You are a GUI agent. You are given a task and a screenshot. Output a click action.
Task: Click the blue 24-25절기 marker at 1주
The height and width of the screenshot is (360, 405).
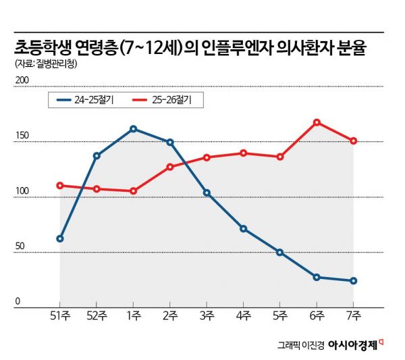pos(133,128)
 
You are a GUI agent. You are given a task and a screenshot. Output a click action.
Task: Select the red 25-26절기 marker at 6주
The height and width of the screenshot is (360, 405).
pos(317,122)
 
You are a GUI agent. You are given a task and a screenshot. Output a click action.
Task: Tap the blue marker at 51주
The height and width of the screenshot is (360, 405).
pos(60,238)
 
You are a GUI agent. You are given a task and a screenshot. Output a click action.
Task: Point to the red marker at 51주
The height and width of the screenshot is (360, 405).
pos(60,185)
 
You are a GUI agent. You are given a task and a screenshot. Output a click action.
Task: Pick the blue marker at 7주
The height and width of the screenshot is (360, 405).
pos(353,281)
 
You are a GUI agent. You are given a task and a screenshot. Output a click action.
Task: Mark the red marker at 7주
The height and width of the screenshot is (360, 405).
pos(353,140)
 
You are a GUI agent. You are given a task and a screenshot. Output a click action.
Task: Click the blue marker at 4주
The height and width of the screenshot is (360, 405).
pos(243,228)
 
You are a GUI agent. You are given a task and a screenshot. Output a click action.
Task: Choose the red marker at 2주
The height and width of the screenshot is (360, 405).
pos(170,167)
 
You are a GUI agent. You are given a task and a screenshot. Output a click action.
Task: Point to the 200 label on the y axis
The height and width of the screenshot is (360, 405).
pos(22,80)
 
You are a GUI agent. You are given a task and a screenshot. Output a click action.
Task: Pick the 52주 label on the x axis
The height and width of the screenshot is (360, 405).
pos(97,317)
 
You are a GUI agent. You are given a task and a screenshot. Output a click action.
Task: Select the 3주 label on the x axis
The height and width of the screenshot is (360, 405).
pos(207,317)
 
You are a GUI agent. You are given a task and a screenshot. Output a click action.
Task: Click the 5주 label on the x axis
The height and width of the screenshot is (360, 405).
pos(280,317)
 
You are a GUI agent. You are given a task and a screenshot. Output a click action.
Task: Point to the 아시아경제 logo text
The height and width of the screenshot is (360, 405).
pos(354,343)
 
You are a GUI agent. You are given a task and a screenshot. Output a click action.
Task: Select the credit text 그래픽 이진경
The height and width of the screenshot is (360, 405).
pos(301,344)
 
